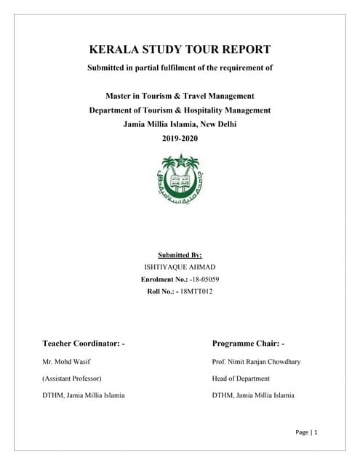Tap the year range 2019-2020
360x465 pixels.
(180, 138)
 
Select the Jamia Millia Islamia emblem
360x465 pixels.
(180, 179)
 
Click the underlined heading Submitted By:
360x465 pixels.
(180, 255)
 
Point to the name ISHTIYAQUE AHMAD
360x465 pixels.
(180, 267)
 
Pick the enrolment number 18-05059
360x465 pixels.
(204, 279)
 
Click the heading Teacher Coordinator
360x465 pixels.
(84, 342)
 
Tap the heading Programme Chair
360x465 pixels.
(249, 342)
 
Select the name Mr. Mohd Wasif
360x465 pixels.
(67, 361)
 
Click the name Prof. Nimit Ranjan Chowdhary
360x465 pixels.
(256, 361)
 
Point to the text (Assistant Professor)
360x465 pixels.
(72, 378)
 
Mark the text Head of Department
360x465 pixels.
(241, 378)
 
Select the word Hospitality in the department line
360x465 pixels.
(217, 110)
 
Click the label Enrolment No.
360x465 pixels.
(164, 279)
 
